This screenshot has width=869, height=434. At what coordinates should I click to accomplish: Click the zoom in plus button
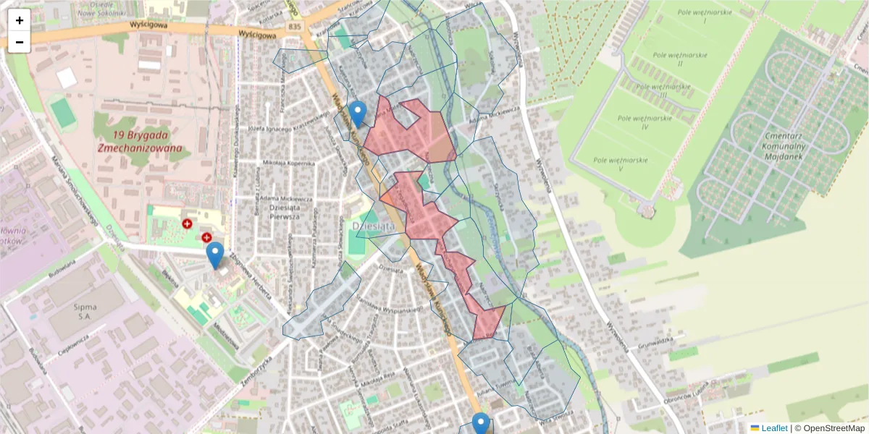coord(20,20)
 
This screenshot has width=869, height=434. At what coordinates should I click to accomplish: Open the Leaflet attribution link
coord(774,428)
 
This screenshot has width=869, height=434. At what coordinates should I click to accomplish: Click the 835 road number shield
coord(293,26)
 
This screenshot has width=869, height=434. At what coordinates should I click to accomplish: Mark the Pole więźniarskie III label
coord(663,90)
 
